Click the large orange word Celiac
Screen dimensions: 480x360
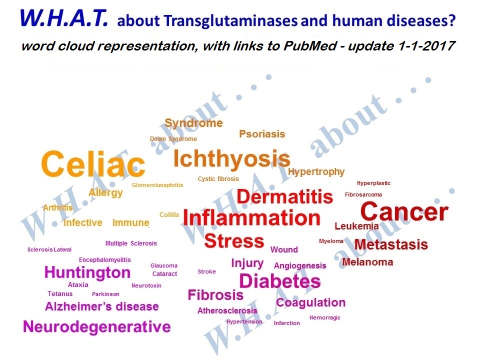point(93,164)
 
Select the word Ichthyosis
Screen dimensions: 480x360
point(231,159)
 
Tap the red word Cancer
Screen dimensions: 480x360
point(404,212)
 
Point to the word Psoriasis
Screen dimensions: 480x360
point(262,134)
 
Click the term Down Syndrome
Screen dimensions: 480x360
point(173,139)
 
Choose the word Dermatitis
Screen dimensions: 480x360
point(284,197)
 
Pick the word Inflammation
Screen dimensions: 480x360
point(251,218)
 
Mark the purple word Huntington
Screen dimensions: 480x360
point(87,272)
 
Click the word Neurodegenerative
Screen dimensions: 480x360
point(96,326)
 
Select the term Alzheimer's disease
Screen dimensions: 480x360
point(102,306)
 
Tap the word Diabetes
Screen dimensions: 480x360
point(280,281)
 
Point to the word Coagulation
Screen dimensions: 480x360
point(310,303)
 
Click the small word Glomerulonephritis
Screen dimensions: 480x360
point(157,185)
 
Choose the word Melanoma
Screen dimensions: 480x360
point(367,262)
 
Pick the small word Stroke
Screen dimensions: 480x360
point(206,271)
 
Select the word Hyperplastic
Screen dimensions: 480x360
point(373,183)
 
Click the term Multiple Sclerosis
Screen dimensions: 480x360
point(131,243)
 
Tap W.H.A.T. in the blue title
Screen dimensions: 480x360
point(64,18)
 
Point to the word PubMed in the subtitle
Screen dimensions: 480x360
point(310,46)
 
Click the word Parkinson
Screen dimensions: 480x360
point(105,294)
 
